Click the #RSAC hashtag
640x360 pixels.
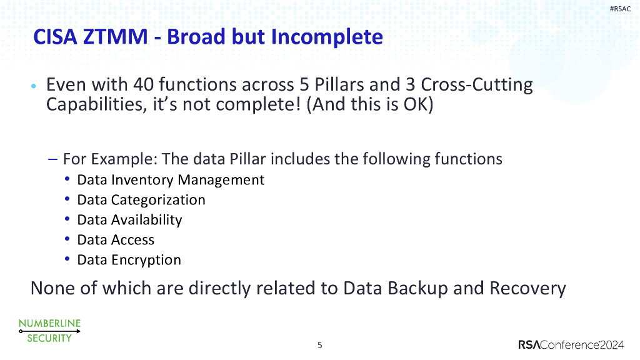tap(620, 9)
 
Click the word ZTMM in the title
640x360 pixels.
tap(116, 37)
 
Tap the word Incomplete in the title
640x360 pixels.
tap(327, 37)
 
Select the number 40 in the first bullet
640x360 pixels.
tap(143, 84)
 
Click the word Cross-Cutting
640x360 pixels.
tap(477, 85)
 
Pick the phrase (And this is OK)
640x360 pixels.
tap(370, 104)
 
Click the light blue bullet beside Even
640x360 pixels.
tap(34, 86)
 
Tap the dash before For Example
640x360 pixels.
tap(52, 159)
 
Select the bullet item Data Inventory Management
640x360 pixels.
tap(171, 180)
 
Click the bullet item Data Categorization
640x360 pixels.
tap(141, 200)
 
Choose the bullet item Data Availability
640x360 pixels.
tap(129, 220)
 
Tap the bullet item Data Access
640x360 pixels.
tap(116, 240)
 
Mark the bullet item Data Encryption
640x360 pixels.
tap(129, 260)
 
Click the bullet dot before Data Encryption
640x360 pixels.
tap(67, 258)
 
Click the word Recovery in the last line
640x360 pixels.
tap(527, 289)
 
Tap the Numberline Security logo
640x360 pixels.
tap(50, 331)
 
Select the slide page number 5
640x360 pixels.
tap(320, 345)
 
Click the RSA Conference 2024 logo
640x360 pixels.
tap(571, 345)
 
